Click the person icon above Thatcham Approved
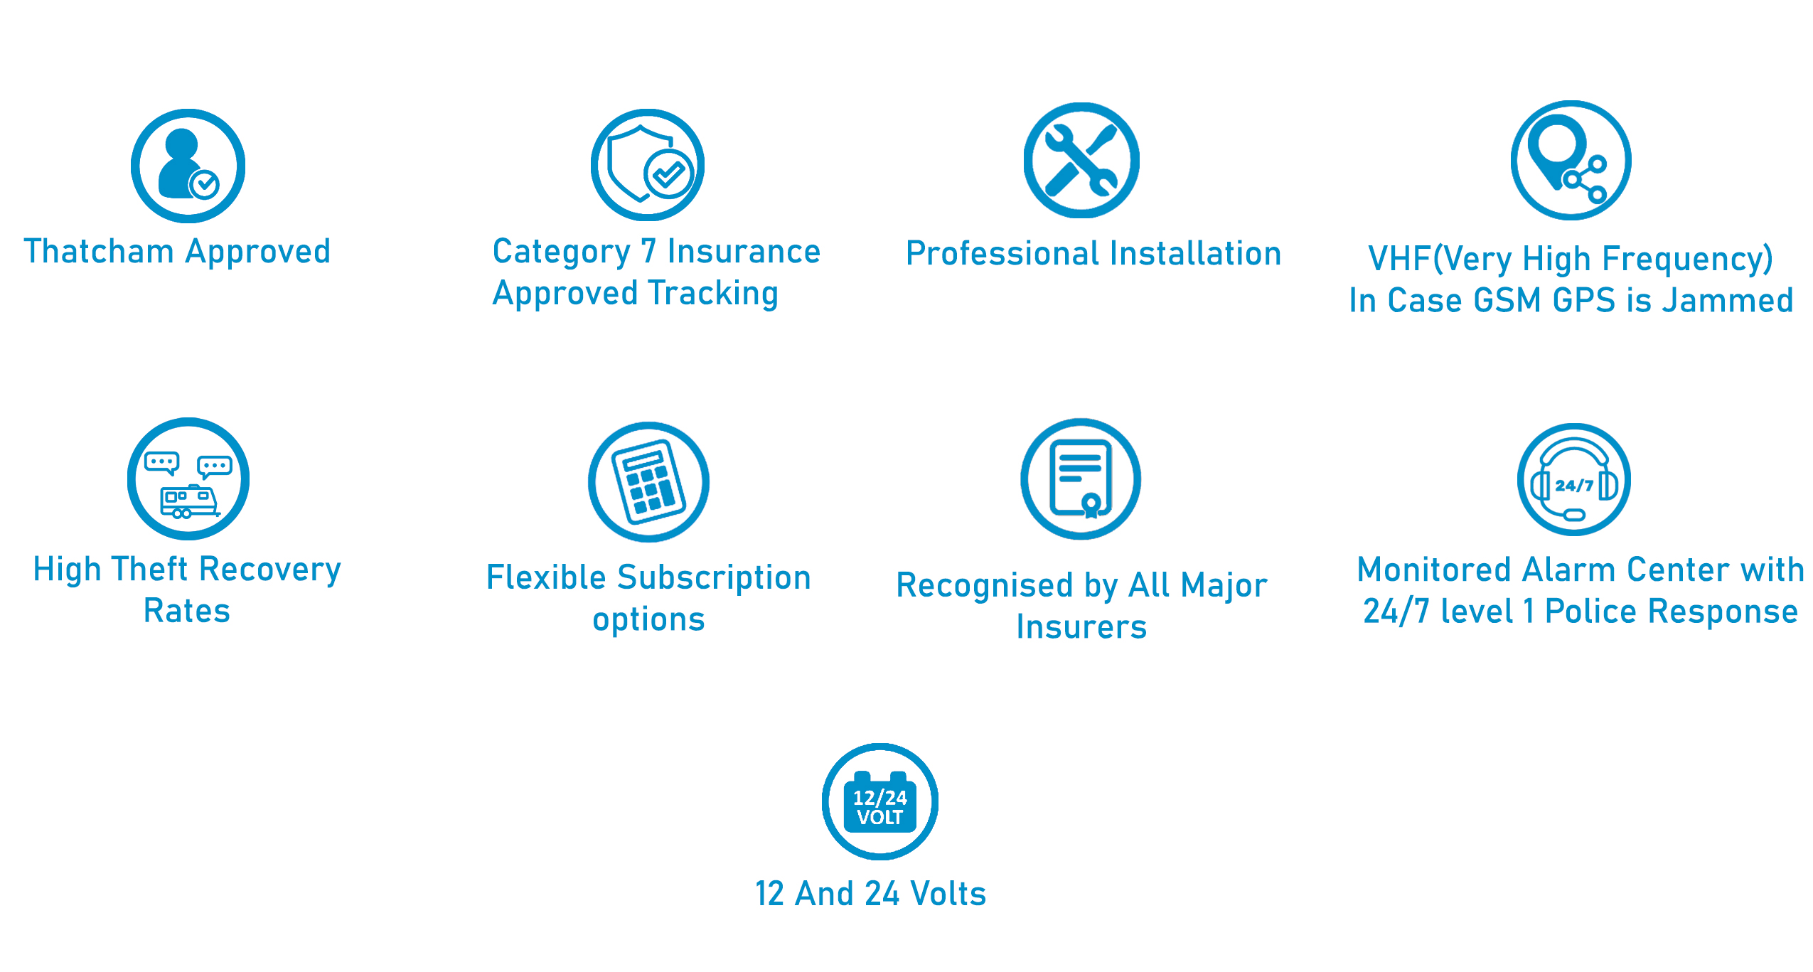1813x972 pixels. [188, 166]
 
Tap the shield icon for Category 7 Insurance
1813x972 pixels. [647, 165]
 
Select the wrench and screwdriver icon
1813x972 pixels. [1081, 161]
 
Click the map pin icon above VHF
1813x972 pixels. [1571, 161]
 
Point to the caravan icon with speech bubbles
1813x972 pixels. [188, 479]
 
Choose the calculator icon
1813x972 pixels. [648, 482]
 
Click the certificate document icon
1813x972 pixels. [1081, 479]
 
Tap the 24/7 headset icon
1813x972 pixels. [1574, 480]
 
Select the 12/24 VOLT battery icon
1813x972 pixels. [880, 801]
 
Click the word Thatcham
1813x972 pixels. [99, 251]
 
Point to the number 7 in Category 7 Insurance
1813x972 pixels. [648, 251]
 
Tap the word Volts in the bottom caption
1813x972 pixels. [948, 893]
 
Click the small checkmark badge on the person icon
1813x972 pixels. [205, 185]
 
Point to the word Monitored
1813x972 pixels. [1434, 570]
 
